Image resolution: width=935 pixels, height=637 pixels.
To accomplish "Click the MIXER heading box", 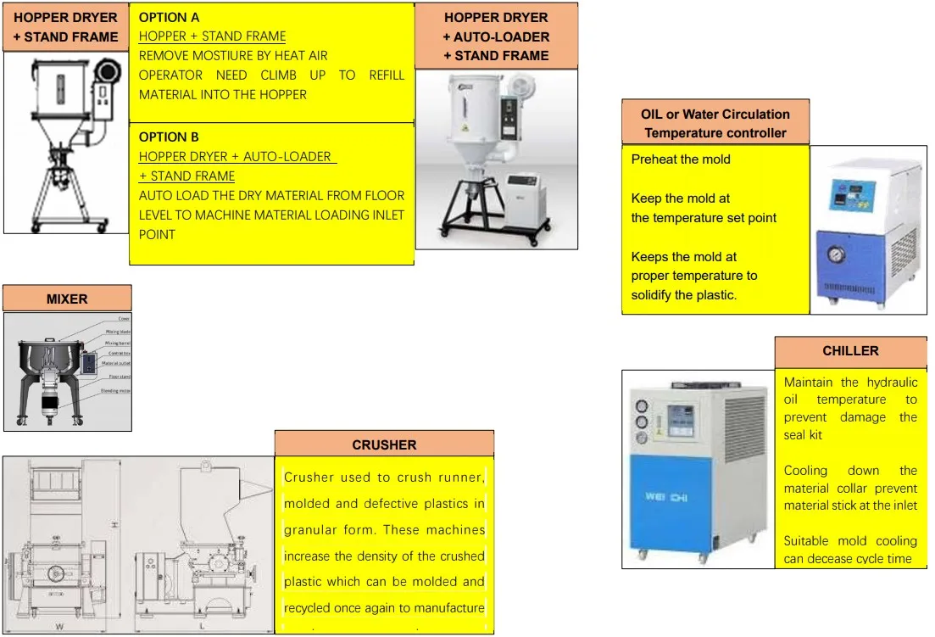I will click(67, 299).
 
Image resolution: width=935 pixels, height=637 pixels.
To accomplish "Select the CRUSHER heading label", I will click(384, 444).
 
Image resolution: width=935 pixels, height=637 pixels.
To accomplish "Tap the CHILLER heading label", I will click(850, 350).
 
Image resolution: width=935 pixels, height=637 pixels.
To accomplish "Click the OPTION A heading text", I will click(170, 17).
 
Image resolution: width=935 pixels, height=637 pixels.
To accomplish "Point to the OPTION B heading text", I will click(169, 137).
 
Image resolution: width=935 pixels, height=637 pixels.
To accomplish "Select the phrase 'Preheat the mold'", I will click(681, 159).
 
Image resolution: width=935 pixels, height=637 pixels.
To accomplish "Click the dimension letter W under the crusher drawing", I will click(58, 628).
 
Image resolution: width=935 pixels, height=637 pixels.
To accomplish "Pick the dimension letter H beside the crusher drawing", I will click(113, 526).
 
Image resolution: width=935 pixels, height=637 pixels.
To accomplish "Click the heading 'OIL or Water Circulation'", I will click(715, 115).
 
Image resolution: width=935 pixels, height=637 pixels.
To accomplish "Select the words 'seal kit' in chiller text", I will click(803, 435).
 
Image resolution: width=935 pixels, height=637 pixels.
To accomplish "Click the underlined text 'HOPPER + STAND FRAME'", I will click(212, 36).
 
